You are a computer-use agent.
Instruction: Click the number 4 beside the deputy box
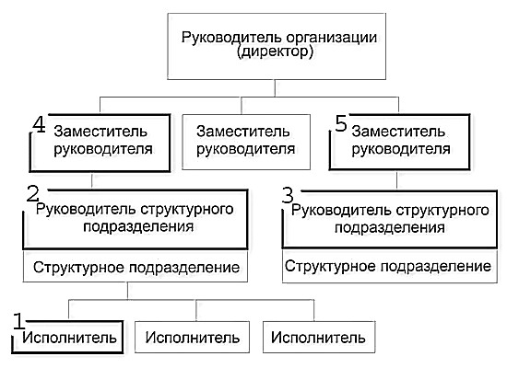tap(39, 124)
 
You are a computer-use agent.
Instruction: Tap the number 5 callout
tap(341, 124)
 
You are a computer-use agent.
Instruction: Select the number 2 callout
tap(32, 195)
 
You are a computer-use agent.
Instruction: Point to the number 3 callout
tap(288, 195)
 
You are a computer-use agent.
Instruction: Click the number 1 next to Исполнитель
tap(19, 321)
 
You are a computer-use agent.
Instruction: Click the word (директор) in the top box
tap(275, 52)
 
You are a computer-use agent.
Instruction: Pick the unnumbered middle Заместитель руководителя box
tap(246, 142)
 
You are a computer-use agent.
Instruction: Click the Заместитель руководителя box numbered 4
tap(100, 143)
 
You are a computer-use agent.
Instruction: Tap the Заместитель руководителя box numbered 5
tap(400, 142)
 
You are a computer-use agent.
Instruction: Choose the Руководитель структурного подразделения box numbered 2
tap(136, 220)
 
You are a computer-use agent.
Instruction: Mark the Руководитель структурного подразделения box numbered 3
tap(390, 220)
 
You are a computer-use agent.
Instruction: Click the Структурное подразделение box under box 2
tap(136, 267)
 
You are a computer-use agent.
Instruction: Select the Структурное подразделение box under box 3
tap(390, 267)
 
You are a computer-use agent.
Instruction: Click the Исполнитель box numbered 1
tap(67, 337)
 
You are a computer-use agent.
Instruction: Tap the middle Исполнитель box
tap(192, 337)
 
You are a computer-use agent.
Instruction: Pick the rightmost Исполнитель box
tap(319, 337)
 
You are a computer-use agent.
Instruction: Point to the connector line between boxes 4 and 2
tap(92, 180)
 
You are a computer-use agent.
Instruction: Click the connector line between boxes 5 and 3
tap(396, 180)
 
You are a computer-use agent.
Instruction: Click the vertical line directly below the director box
tap(275, 88)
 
